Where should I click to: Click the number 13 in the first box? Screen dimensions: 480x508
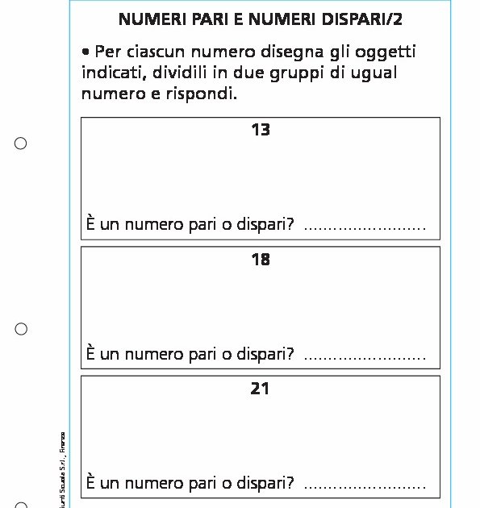coord(260,129)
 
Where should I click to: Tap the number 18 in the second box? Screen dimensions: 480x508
coord(260,259)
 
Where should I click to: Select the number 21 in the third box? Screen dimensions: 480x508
coord(260,388)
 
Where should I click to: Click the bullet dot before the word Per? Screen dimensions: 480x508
coord(86,52)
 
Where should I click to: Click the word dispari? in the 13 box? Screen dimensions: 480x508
coord(265,223)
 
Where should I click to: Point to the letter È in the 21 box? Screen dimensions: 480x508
coord(91,482)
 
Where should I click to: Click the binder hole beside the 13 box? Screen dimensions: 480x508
coord(21,144)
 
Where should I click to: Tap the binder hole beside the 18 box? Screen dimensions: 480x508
coord(21,329)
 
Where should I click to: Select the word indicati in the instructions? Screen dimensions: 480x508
coord(109,73)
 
